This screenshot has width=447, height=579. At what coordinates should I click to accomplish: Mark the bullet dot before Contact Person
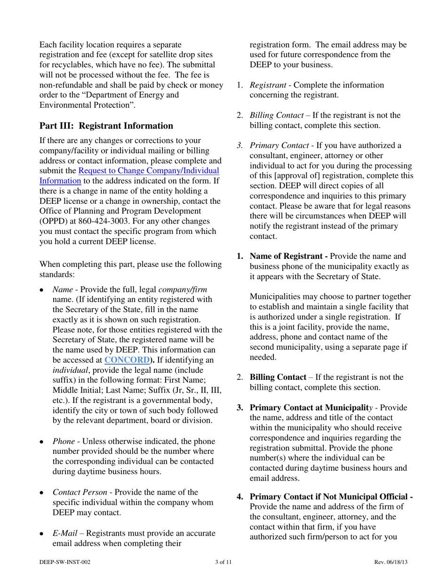[42, 492]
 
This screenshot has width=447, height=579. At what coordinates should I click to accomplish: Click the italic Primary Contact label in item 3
[278, 145]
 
